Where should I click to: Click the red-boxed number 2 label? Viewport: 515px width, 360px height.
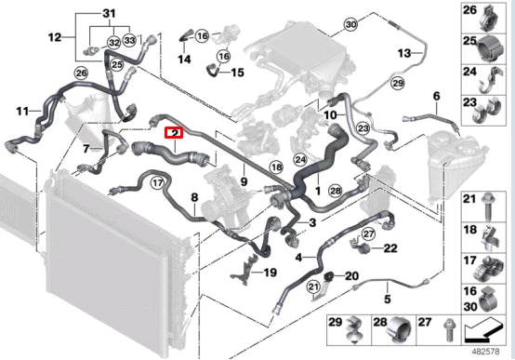[x=175, y=133]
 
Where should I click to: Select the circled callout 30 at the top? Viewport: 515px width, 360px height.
[x=350, y=24]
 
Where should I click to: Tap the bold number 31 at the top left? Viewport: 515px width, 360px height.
[x=109, y=14]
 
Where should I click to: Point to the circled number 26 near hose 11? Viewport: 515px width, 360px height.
[x=82, y=73]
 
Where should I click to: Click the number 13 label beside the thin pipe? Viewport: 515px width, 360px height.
[x=404, y=53]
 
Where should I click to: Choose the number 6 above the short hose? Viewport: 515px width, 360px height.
[x=436, y=97]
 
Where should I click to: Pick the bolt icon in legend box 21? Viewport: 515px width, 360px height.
[x=488, y=206]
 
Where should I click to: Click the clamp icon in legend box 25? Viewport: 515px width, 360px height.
[x=491, y=49]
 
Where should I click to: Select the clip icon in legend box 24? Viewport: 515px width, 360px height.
[x=490, y=81]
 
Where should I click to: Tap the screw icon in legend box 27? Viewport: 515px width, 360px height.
[x=449, y=330]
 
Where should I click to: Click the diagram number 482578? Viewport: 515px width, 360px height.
[x=486, y=352]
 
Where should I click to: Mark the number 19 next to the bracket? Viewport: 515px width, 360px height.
[x=270, y=273]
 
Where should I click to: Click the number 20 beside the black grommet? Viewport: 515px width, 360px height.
[x=351, y=276]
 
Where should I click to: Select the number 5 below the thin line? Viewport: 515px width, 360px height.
[x=388, y=300]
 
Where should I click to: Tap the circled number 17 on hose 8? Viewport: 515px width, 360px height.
[x=158, y=182]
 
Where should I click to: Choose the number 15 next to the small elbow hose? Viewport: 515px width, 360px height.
[x=237, y=73]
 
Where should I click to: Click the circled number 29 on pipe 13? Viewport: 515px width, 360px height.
[x=398, y=83]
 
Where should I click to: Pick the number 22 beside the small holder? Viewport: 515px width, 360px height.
[x=390, y=248]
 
